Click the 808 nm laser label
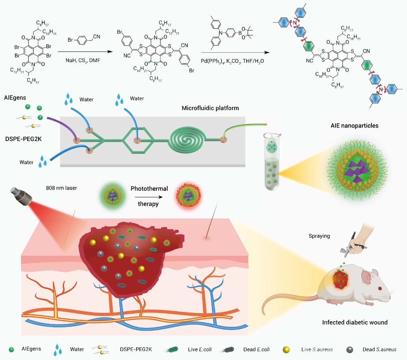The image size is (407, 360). click(61, 188)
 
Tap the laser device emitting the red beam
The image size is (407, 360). click(21, 196)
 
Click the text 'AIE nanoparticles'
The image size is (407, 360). click(354, 126)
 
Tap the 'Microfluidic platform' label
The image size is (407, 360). click(210, 108)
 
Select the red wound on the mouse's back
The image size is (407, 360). click(340, 279)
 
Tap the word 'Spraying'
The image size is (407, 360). click(319, 236)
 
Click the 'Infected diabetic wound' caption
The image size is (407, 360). click(355, 322)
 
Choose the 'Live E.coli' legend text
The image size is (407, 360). click(200, 349)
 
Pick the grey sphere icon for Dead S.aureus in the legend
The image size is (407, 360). click(350, 350)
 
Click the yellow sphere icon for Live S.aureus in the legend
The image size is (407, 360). click(286, 350)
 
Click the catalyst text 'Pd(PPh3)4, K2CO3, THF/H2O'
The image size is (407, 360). click(232, 61)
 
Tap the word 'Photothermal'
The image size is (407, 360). click(149, 189)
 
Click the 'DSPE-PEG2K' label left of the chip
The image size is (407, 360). click(24, 139)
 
